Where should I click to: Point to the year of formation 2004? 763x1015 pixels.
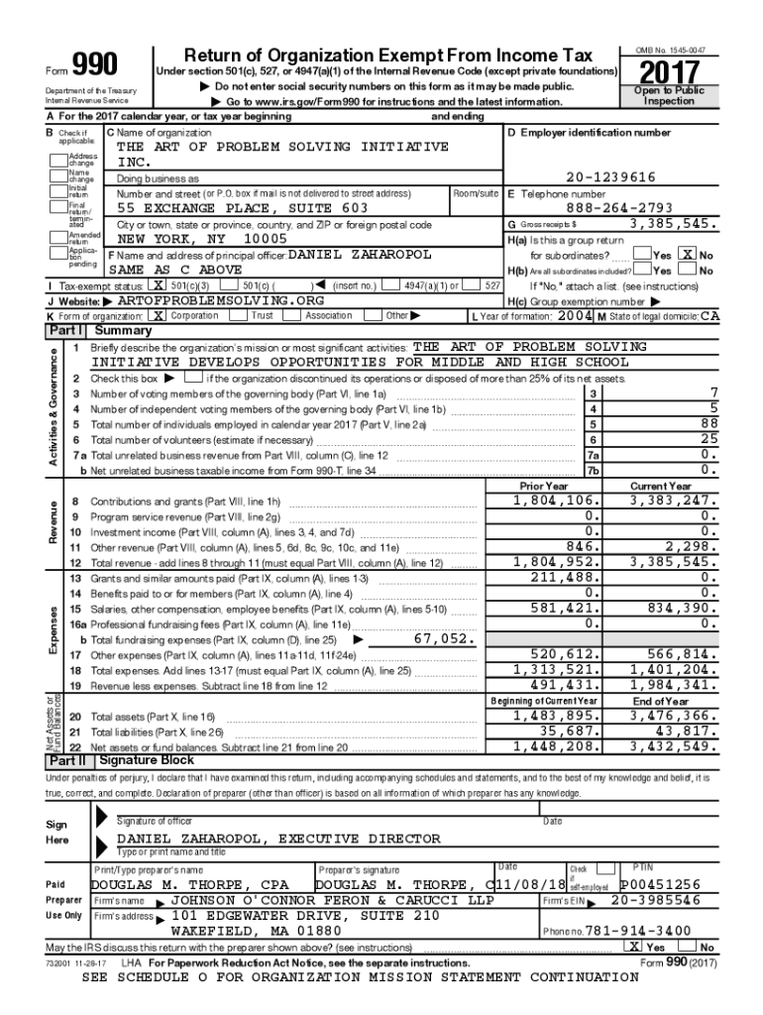[576, 315]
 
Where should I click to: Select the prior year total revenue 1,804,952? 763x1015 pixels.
[556, 561]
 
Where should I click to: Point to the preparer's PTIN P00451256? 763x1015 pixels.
[660, 884]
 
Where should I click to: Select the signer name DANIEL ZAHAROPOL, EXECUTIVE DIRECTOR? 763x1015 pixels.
[278, 839]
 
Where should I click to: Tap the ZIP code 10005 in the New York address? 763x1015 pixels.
[265, 239]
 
